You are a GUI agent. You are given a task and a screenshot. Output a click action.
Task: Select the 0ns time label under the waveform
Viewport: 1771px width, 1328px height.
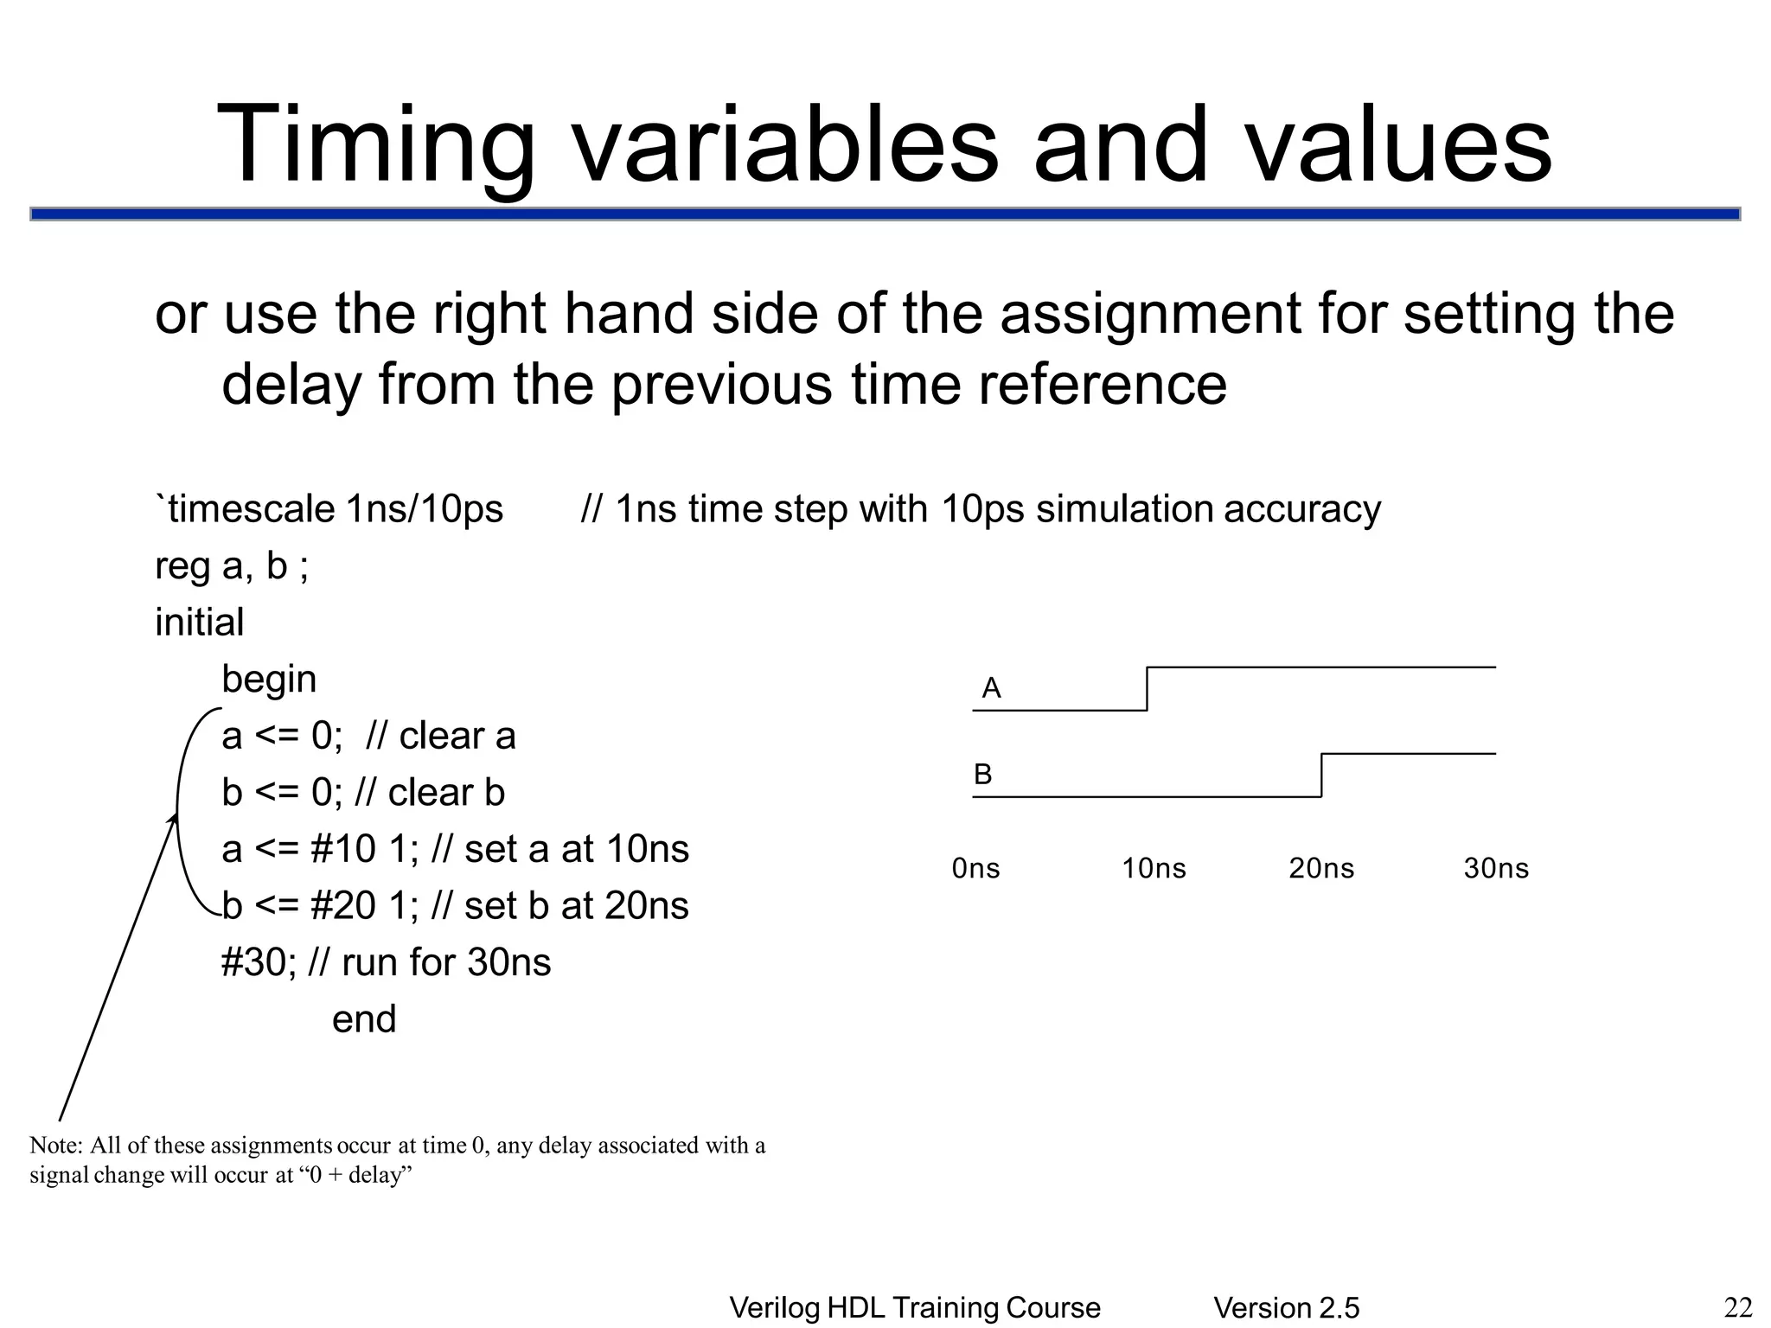[975, 868]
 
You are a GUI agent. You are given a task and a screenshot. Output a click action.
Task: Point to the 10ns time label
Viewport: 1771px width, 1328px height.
[1154, 868]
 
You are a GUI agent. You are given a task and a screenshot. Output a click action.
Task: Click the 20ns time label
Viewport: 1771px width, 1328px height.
[1321, 868]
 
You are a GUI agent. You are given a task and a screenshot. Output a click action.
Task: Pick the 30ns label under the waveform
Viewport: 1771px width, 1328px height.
[1496, 868]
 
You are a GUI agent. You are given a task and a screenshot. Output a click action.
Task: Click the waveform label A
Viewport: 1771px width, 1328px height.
[991, 688]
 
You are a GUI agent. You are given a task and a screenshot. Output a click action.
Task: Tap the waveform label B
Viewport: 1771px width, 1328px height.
[982, 774]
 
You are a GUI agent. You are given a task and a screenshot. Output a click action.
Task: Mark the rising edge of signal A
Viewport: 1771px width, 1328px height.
[1148, 689]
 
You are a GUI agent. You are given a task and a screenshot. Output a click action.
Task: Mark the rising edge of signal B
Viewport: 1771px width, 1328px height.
[1321, 776]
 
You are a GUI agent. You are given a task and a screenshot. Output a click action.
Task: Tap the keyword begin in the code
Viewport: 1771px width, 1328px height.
[269, 680]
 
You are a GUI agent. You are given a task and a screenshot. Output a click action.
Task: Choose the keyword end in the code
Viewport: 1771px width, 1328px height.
[364, 1019]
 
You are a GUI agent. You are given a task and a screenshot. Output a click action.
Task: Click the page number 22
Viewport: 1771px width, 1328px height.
[1738, 1308]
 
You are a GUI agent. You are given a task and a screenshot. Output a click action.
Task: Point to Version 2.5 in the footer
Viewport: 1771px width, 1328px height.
[1287, 1308]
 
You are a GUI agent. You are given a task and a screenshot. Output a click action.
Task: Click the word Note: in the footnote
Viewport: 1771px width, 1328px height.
[56, 1146]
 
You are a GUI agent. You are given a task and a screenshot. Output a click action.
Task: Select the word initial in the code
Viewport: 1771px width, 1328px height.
[200, 622]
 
